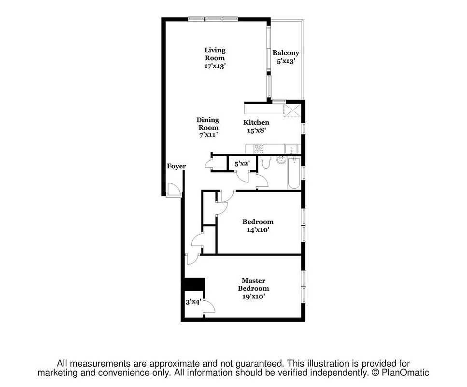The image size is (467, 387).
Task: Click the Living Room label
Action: (214, 58)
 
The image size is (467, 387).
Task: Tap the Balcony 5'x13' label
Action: (285, 57)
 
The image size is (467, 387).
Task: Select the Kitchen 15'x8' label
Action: (256, 126)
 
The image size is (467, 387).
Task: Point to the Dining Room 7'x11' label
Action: (208, 127)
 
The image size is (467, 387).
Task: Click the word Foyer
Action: (176, 166)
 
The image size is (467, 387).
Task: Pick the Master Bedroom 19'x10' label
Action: (253, 288)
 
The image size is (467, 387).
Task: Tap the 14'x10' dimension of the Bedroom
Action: (257, 230)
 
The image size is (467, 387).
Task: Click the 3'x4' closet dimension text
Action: (193, 302)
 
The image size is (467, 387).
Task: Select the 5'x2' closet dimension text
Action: (241, 164)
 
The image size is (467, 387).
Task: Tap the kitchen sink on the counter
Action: (291, 149)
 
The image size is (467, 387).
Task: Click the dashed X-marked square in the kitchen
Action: (293, 110)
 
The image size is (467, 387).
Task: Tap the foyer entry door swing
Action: (172, 190)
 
